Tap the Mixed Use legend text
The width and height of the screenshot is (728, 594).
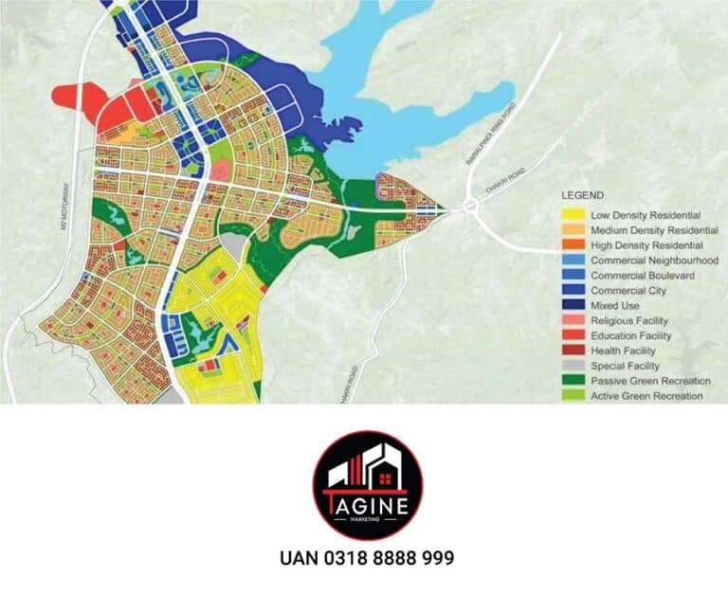click(x=614, y=305)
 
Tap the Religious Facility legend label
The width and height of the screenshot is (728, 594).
click(x=629, y=320)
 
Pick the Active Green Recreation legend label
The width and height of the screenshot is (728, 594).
click(x=646, y=396)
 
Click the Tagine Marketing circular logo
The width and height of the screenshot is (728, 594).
click(x=367, y=485)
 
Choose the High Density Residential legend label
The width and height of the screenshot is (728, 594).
click(x=646, y=245)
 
